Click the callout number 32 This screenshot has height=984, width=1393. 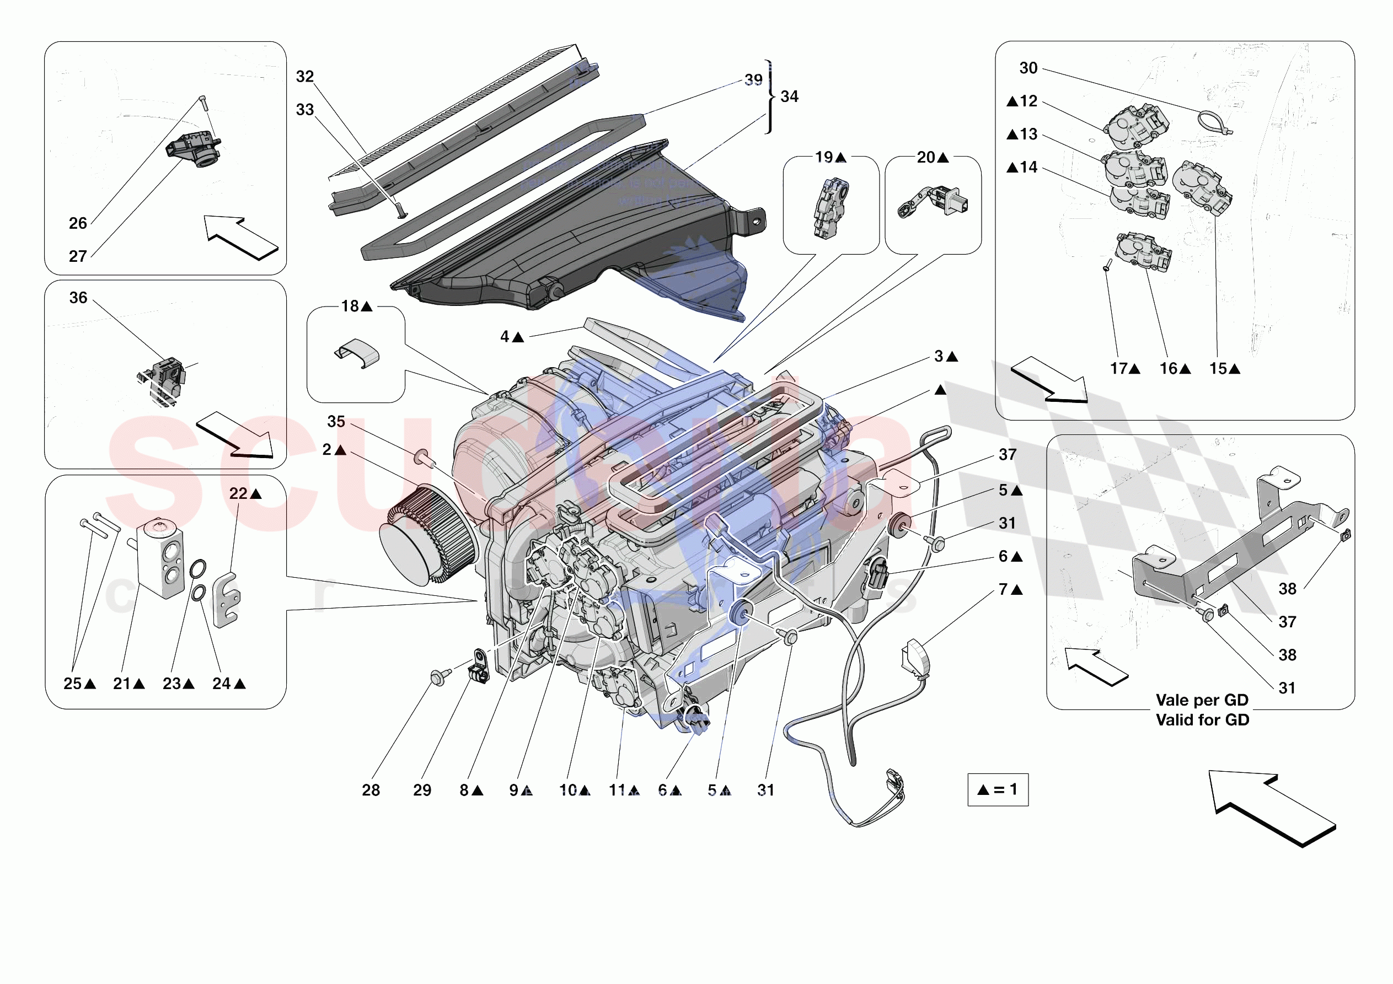[x=304, y=77]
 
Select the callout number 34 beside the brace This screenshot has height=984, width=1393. [x=789, y=96]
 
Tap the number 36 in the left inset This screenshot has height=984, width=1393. [x=78, y=298]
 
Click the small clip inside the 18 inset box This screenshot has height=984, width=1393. [x=358, y=353]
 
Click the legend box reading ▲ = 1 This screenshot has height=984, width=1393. [x=998, y=789]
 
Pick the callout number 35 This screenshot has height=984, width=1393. [x=336, y=422]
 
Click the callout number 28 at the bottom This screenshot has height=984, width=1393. [x=371, y=790]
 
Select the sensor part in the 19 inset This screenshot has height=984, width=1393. [x=831, y=208]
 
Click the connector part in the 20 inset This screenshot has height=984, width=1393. [x=934, y=202]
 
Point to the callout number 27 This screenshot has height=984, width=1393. [x=78, y=256]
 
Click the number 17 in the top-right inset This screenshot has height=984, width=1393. [x=1118, y=368]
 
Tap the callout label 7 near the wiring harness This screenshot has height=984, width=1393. [x=1004, y=589]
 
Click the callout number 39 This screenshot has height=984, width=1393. [x=753, y=80]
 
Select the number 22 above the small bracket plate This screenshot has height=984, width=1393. [x=238, y=494]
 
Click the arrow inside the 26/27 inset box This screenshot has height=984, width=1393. [x=240, y=237]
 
